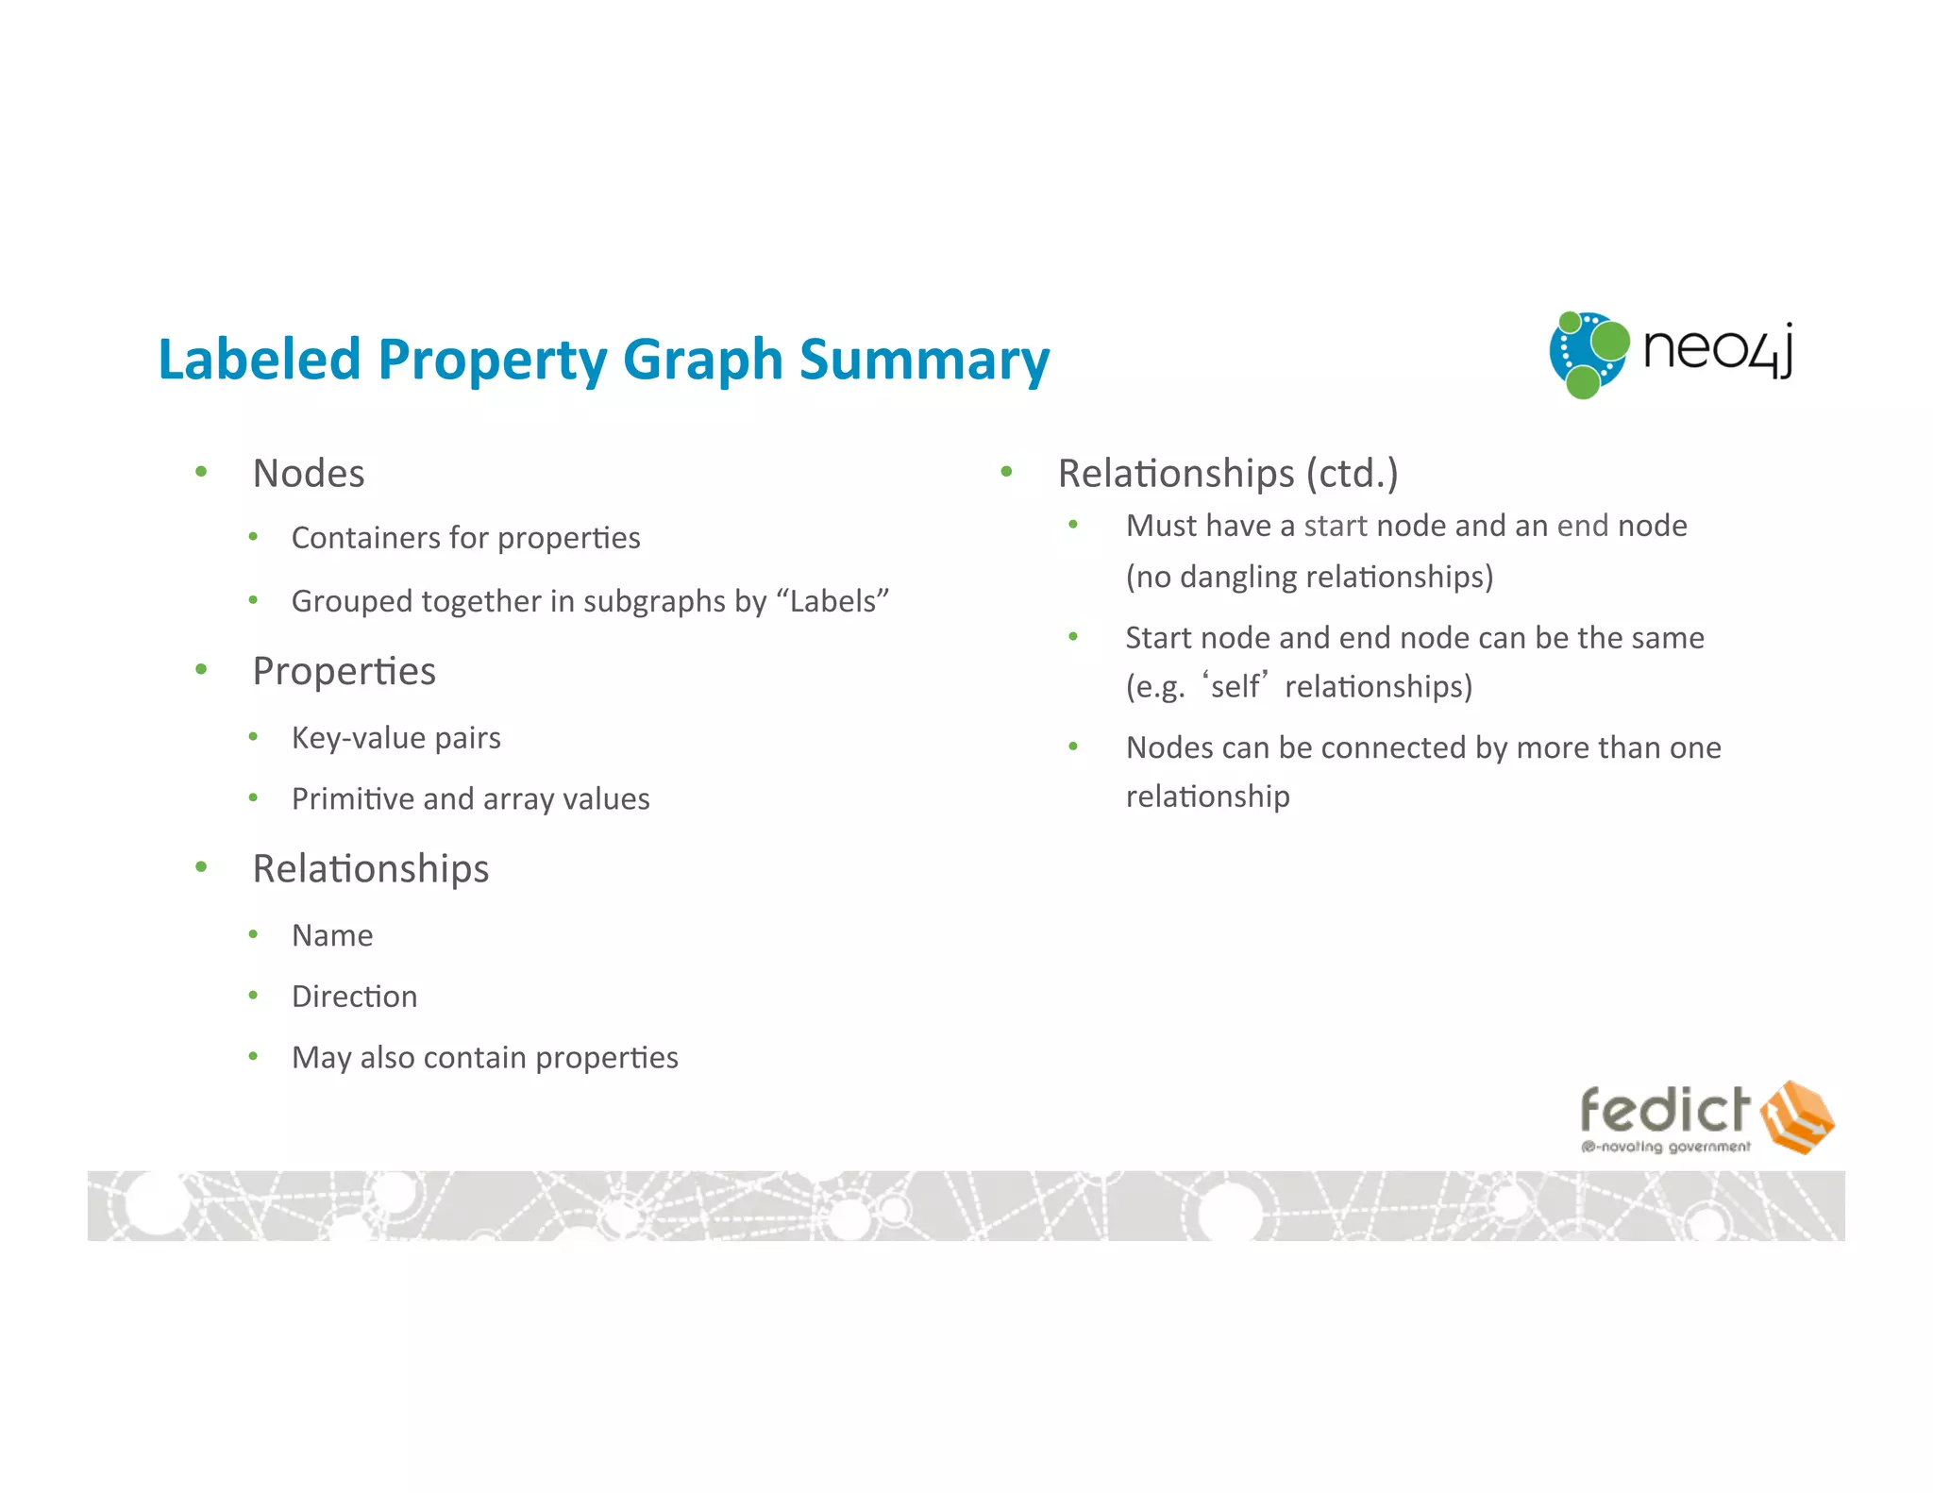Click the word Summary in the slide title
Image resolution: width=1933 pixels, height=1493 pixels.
[x=924, y=361]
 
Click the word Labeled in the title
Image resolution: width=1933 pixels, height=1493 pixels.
[x=260, y=361]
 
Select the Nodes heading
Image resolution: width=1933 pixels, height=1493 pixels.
[x=309, y=473]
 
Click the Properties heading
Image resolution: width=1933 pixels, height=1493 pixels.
[x=344, y=671]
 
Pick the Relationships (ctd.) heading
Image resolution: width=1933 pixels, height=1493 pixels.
[x=1227, y=473]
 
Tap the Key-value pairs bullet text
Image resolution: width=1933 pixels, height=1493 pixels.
[x=395, y=737]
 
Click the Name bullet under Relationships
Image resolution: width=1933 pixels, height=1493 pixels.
[x=332, y=935]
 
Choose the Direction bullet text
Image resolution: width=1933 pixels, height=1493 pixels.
[x=354, y=997]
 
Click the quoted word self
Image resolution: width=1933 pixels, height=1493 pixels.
[x=1235, y=686]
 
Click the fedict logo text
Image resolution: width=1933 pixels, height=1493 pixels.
[x=1664, y=1110]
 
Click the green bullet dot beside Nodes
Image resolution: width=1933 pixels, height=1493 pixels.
[x=201, y=472]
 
